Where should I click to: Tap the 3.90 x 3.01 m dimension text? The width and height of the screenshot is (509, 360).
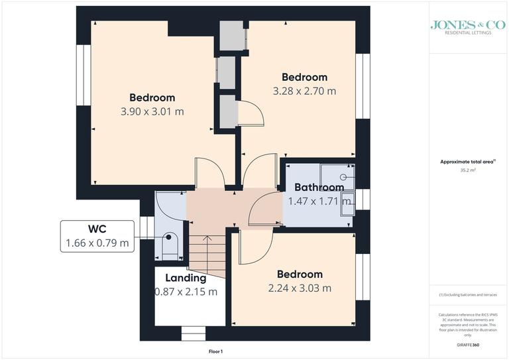coord(152,111)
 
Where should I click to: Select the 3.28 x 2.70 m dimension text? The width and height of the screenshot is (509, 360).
coord(304,91)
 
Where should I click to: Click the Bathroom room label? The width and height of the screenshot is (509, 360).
coord(319,187)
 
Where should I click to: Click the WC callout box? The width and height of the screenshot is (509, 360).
coord(97,236)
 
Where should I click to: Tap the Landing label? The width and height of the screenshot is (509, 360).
coord(186,278)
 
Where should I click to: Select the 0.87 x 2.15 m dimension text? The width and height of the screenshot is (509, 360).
coord(186,291)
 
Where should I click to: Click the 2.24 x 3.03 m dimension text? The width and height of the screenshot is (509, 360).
coord(300,288)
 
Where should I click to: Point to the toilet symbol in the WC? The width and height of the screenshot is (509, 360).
coord(170,247)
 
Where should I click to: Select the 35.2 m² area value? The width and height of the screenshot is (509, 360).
coord(469,170)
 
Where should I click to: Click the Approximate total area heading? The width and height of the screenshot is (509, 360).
coord(469,161)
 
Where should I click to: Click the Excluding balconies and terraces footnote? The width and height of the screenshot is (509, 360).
coord(468,294)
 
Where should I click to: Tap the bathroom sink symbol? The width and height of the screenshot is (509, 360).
coord(347,207)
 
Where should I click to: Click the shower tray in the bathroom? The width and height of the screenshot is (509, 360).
coord(337,177)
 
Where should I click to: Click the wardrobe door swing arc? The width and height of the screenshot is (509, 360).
coord(253,113)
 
